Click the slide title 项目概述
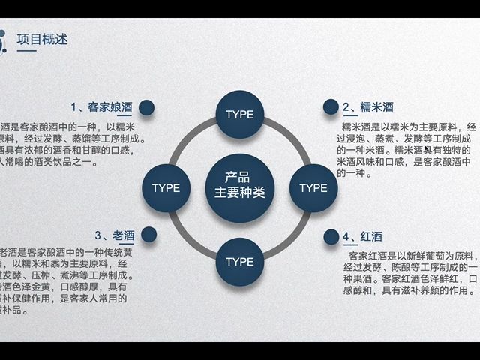(x=42, y=39)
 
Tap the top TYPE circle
(x=240, y=115)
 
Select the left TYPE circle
(x=166, y=187)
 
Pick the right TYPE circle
(x=313, y=187)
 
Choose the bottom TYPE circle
(x=240, y=261)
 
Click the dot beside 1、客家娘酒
(x=147, y=107)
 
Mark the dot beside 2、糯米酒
(x=331, y=107)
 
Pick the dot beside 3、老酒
(x=149, y=235)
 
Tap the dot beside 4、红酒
(x=331, y=237)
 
